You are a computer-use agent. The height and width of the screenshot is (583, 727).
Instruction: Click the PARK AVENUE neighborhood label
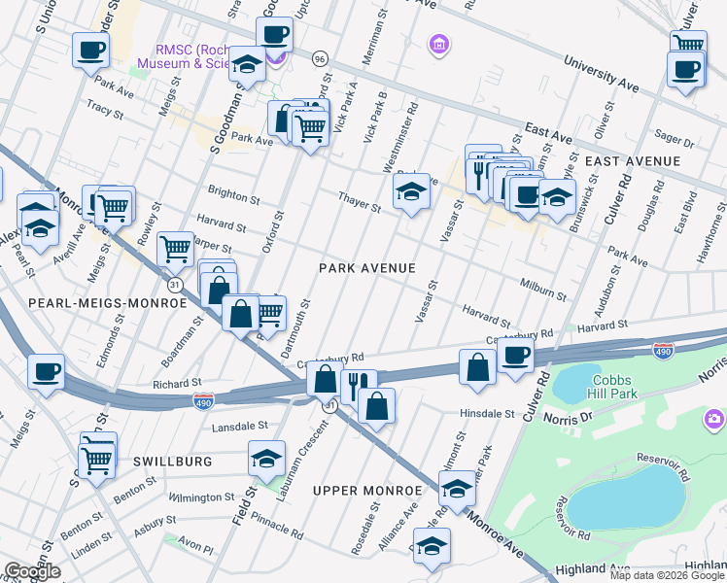(x=368, y=268)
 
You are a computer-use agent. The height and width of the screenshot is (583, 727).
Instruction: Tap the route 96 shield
(x=320, y=59)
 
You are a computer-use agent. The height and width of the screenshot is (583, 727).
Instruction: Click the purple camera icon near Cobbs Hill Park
(x=714, y=418)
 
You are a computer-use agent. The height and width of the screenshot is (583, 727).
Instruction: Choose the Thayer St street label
(x=359, y=202)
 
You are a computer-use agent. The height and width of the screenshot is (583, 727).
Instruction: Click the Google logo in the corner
(x=31, y=571)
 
